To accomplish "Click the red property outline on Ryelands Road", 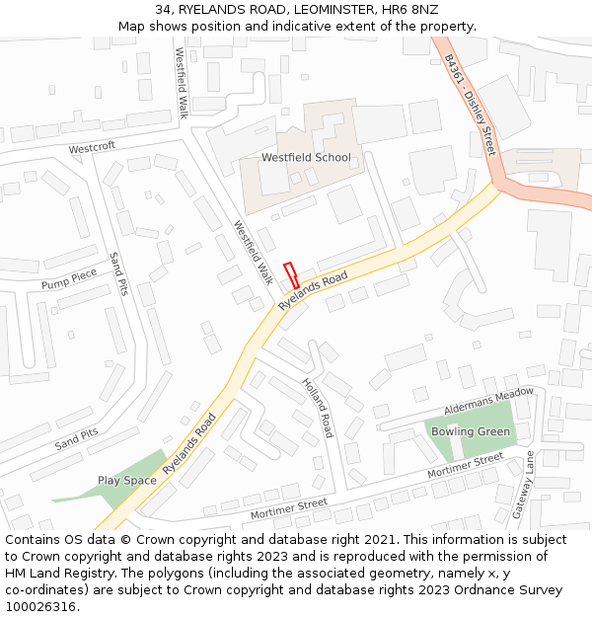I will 291,275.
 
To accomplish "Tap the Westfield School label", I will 305,158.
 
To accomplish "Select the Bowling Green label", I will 471,431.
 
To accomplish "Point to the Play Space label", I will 127,481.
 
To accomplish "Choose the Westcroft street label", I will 92,148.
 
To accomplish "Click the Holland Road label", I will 318,408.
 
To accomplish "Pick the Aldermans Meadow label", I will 488,401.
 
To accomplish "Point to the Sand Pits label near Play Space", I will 77,439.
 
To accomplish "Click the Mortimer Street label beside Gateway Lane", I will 465,467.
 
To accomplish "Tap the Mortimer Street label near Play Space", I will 288,509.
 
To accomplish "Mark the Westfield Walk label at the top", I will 182,83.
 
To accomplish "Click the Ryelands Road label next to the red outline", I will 314,292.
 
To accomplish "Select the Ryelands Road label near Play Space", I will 189,445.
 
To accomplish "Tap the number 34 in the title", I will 163,9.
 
